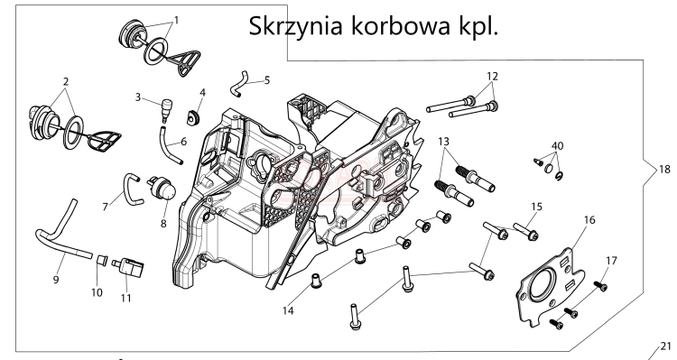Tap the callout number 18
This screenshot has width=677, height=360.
[664, 169]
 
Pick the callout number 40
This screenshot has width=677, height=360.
[558, 145]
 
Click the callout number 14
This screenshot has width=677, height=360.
[287, 310]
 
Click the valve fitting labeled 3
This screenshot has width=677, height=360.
[165, 109]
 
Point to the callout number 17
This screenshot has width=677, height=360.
[611, 260]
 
